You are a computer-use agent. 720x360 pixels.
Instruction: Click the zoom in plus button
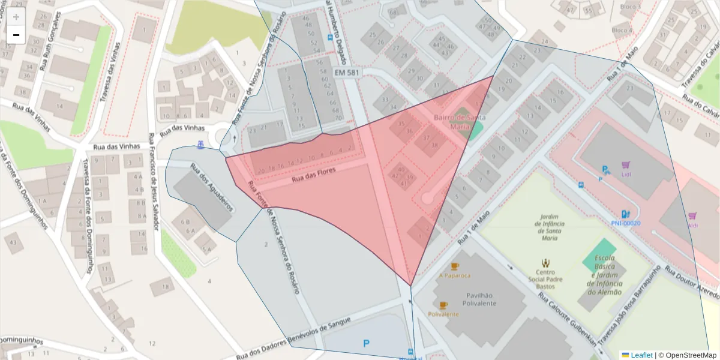point(16,16)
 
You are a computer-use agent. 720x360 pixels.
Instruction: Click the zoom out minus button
point(16,35)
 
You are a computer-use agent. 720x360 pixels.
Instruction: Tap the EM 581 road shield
point(347,73)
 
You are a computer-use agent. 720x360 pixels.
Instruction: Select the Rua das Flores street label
point(313,175)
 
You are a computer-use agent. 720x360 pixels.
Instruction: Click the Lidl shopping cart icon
point(626,164)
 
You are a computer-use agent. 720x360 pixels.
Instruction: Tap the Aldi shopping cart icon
point(692,215)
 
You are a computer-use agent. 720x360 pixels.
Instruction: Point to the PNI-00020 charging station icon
point(625,214)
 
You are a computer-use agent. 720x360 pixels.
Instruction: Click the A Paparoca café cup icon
point(455,266)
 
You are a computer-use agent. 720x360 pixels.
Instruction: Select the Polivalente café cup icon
point(443,305)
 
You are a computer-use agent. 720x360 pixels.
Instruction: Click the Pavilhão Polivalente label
point(478,299)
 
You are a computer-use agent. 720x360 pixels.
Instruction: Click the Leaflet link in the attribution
point(641,355)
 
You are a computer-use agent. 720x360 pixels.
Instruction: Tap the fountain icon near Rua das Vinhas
point(200,145)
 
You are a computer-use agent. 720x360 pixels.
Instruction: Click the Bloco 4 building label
point(622,30)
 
